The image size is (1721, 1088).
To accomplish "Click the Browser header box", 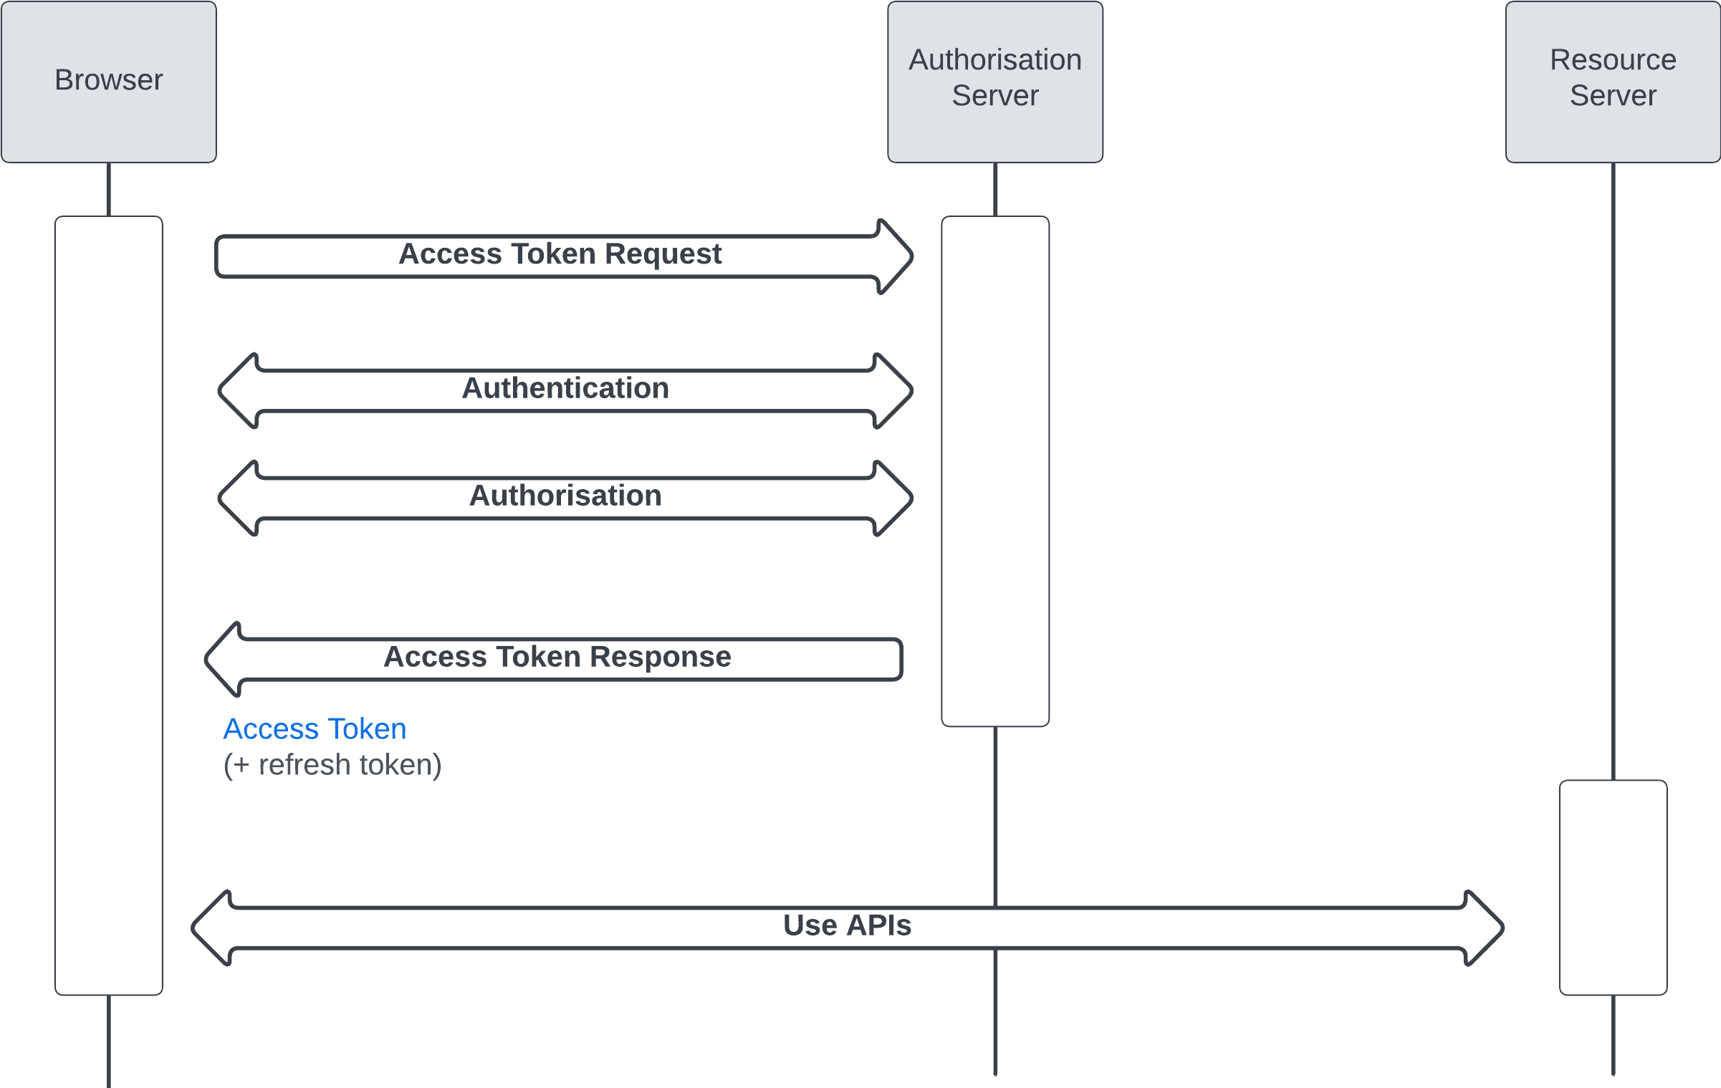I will coord(109,82).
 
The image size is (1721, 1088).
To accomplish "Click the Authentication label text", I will coord(565,388).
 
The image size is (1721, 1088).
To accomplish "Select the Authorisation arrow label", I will coord(565,496).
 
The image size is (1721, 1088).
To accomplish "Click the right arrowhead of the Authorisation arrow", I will coord(894,499).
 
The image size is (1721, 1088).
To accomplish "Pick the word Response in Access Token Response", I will coord(661,657).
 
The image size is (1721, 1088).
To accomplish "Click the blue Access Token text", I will coord(315,729).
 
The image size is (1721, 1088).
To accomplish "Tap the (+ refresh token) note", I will coord(332,765).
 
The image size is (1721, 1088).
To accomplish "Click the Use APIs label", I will coord(847,925).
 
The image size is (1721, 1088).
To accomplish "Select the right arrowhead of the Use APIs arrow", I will coord(1485,928).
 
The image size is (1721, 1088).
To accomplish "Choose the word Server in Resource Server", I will coord(1613,96).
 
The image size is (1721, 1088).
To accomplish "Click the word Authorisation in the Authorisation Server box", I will coord(994,60).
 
